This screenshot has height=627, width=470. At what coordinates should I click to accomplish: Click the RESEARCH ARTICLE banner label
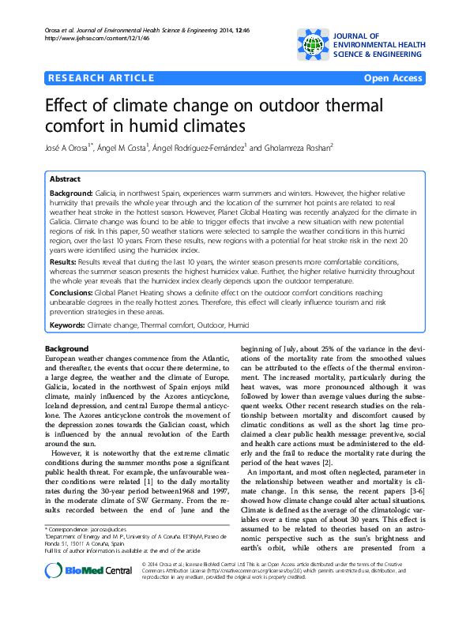point(101,77)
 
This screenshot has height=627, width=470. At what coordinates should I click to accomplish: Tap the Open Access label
point(393,77)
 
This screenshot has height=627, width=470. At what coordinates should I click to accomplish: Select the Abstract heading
point(65,179)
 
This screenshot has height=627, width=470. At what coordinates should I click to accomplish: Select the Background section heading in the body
point(67,349)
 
